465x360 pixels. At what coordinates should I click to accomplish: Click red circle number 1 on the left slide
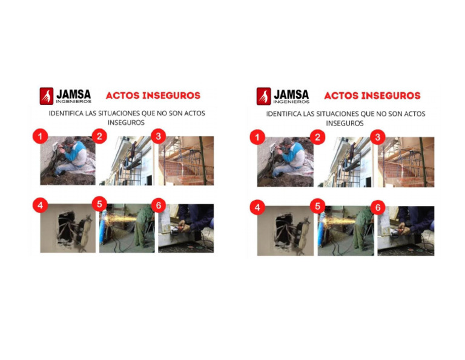(x=41, y=136)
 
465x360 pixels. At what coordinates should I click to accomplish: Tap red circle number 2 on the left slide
(x=99, y=136)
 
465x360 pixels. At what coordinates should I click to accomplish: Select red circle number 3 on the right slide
(x=378, y=137)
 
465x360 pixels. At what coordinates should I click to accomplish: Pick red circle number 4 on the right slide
(x=257, y=207)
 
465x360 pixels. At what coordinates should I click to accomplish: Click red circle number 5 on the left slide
(x=99, y=204)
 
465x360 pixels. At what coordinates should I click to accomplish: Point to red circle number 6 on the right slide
(x=378, y=207)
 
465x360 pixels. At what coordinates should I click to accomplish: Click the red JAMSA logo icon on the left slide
(x=46, y=96)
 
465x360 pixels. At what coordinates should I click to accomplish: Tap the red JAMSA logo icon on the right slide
(x=263, y=96)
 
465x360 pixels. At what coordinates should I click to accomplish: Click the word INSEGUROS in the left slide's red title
(x=171, y=96)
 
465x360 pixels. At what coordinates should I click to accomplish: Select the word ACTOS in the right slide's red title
(x=341, y=96)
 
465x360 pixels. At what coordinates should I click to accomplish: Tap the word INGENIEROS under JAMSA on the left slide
(x=74, y=101)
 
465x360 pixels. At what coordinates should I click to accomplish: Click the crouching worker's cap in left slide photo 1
(x=70, y=140)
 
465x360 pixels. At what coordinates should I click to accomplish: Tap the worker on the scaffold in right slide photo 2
(x=352, y=152)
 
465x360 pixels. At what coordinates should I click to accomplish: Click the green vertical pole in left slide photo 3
(x=203, y=160)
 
